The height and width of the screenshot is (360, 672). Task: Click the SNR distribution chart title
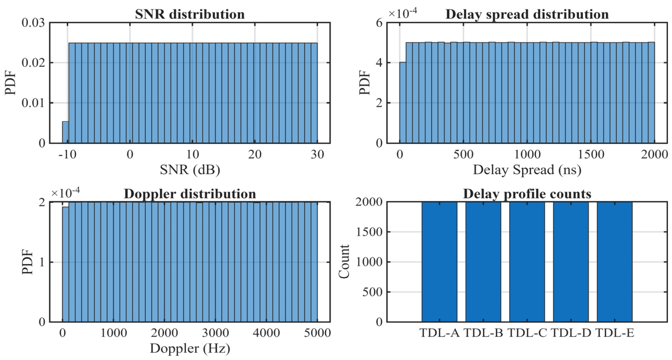[x=189, y=14]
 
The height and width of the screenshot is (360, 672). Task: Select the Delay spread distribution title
[x=527, y=14]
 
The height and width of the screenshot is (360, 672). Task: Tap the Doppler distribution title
[x=189, y=194]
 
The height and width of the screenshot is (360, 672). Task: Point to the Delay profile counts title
[x=527, y=194]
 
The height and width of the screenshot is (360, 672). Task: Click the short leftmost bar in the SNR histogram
[x=65, y=132]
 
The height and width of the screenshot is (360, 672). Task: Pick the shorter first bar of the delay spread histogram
[x=403, y=103]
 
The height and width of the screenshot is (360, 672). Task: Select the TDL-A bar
[x=439, y=262]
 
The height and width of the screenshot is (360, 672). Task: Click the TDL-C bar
[x=527, y=262]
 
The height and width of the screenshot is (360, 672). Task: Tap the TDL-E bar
[x=615, y=262]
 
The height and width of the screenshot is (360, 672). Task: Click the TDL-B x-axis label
[x=484, y=333]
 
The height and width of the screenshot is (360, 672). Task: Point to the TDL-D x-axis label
[x=571, y=333]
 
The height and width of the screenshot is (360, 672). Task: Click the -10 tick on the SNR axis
[x=67, y=154]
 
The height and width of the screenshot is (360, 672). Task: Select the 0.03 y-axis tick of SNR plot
[x=33, y=23]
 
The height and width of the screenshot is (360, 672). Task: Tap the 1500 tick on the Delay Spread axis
[x=591, y=154]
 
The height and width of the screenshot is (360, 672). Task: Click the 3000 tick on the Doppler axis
[x=216, y=333]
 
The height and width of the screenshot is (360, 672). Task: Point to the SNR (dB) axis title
[x=190, y=170]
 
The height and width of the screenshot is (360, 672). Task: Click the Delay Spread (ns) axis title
[x=527, y=170]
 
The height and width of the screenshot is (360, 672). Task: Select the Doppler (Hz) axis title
[x=190, y=348]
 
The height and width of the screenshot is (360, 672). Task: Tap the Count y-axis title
[x=344, y=261]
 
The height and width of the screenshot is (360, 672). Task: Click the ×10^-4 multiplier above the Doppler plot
[x=65, y=193]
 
